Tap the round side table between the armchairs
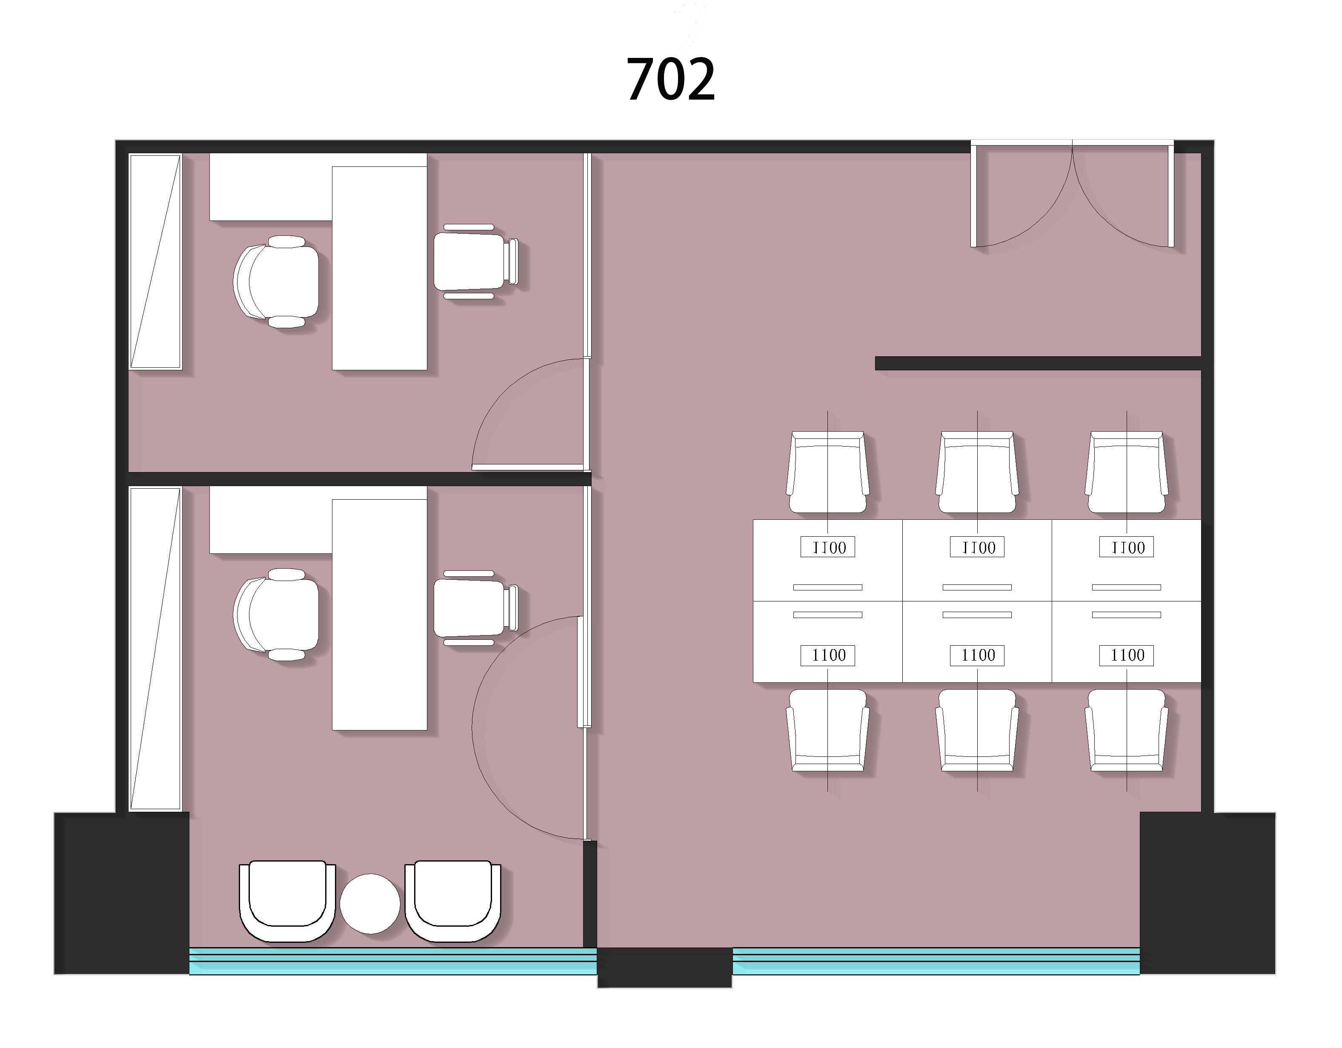click(370, 904)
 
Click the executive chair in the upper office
click(277, 281)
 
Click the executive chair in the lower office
click(277, 614)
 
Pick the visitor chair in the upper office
click(475, 262)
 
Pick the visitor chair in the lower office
click(475, 608)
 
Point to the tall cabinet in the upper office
click(155, 262)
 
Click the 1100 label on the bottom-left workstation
click(828, 655)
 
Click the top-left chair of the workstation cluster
click(828, 472)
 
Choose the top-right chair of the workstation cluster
click(1126, 472)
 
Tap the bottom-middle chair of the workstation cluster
click(977, 730)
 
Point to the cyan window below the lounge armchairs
click(393, 961)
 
